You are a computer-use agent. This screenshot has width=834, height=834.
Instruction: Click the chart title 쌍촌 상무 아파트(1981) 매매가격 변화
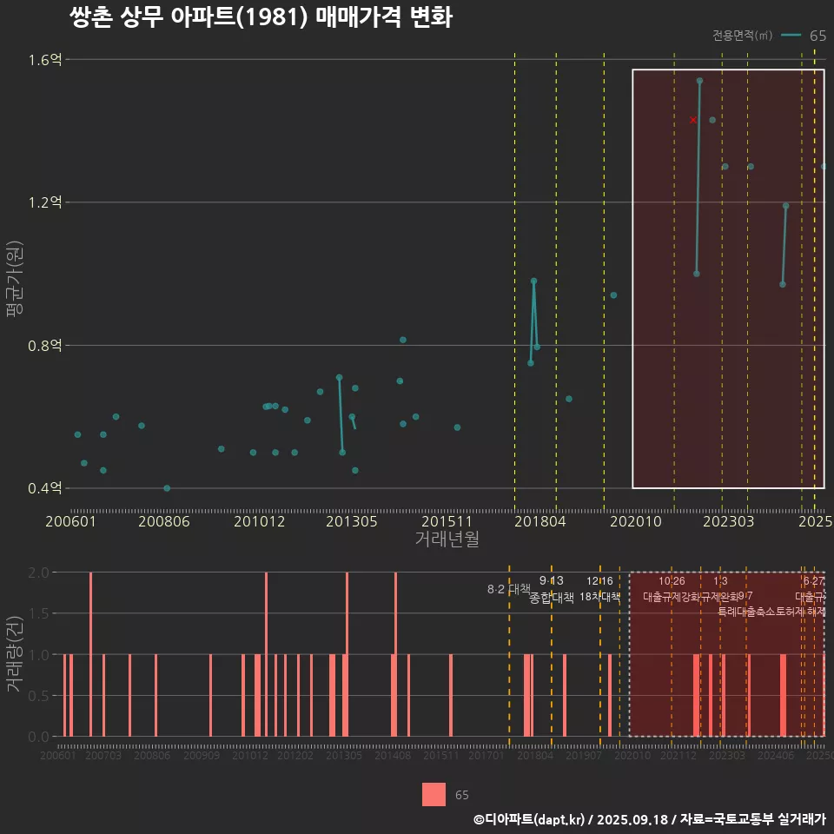(260, 18)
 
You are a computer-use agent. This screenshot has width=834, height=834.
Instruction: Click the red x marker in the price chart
(693, 120)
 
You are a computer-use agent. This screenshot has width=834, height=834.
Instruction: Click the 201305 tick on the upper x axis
(352, 522)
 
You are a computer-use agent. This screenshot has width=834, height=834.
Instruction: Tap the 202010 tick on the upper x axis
(632, 522)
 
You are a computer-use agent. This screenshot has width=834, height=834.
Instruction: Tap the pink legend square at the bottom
(434, 794)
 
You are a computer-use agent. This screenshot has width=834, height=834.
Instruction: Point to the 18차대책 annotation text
(599, 597)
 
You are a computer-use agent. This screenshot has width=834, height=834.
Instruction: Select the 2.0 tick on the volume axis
(38, 573)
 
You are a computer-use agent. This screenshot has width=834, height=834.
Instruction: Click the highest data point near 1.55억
(699, 81)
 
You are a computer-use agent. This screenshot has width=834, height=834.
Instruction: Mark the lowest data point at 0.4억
(167, 488)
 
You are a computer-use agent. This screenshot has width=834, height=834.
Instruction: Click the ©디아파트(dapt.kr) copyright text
(531, 819)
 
